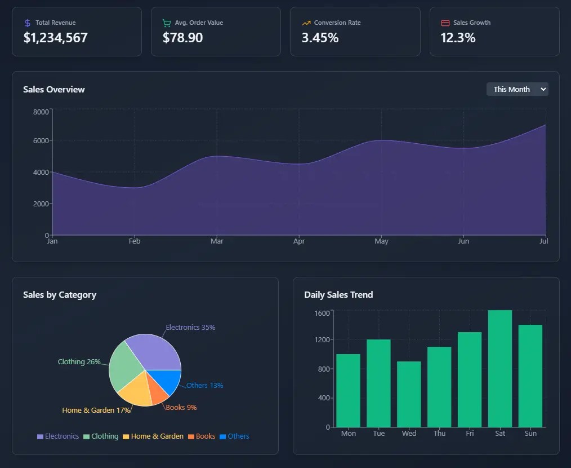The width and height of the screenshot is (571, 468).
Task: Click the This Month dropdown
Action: click(x=517, y=89)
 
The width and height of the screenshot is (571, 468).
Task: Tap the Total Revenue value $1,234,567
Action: click(x=56, y=38)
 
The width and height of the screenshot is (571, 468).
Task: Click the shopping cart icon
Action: click(x=167, y=23)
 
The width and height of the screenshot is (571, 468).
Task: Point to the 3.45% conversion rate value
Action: click(x=320, y=38)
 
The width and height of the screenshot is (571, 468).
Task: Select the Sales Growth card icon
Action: click(x=445, y=23)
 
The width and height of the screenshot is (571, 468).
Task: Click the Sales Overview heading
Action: click(x=54, y=89)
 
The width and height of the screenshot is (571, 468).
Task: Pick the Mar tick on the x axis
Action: click(x=217, y=241)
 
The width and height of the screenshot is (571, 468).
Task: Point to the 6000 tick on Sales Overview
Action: click(x=42, y=141)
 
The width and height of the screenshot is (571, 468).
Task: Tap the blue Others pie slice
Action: click(x=171, y=381)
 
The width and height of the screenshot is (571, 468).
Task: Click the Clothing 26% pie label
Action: click(x=79, y=361)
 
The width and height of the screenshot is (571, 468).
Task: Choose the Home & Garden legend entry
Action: click(x=153, y=436)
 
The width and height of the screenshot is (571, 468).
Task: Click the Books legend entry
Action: click(x=202, y=436)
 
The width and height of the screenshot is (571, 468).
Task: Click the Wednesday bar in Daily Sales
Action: click(x=409, y=394)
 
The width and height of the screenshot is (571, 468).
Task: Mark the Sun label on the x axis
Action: click(x=530, y=434)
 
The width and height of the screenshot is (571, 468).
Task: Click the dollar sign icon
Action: click(x=28, y=23)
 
